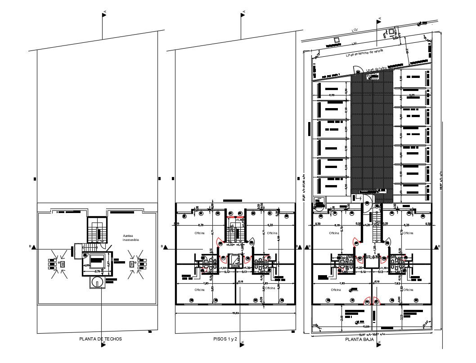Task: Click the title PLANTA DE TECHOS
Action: (100, 339)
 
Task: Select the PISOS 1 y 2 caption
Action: (225, 339)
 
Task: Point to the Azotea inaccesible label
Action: (131, 238)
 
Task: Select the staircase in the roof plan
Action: (96, 231)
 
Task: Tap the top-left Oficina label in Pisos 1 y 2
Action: (199, 233)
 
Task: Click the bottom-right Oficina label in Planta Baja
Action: (408, 290)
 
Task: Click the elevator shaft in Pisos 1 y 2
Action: (235, 260)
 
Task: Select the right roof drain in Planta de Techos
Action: (132, 264)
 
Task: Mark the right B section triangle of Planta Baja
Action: (435, 247)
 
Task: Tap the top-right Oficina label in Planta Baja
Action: (408, 233)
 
